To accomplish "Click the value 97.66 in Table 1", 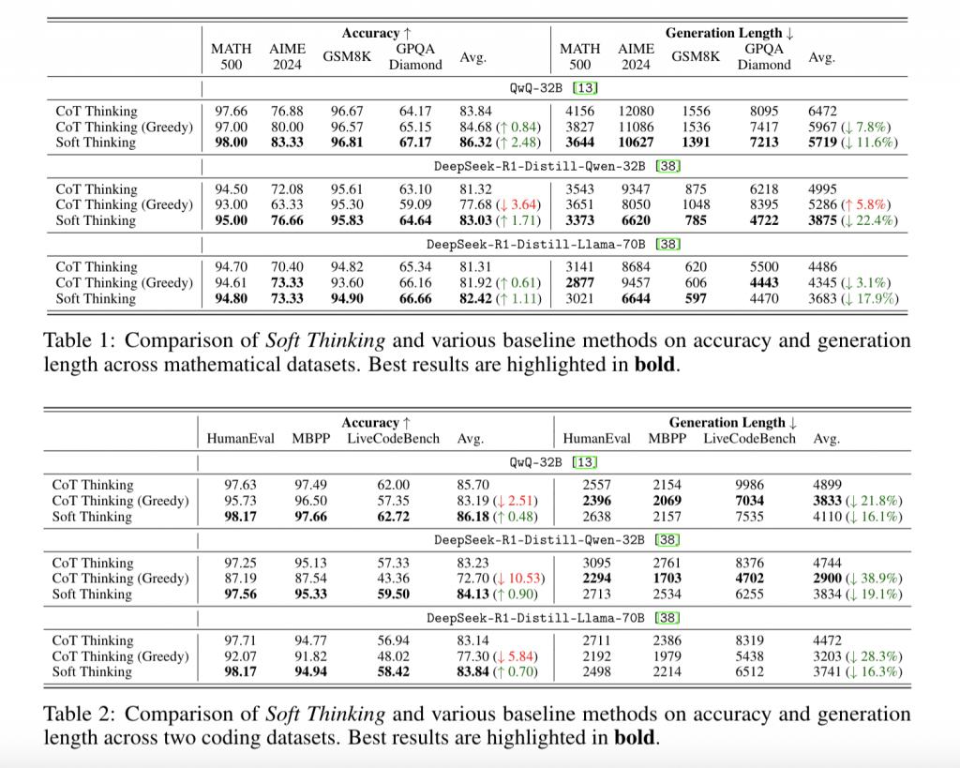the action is pyautogui.click(x=231, y=111).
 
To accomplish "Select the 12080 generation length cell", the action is pyautogui.click(x=636, y=111).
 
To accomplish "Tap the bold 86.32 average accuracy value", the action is pyautogui.click(x=475, y=143).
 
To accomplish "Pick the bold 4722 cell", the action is pyautogui.click(x=764, y=220).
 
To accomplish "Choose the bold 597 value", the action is pyautogui.click(x=696, y=298).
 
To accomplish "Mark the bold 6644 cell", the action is pyautogui.click(x=636, y=298).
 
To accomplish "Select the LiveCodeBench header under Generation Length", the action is pyautogui.click(x=749, y=439).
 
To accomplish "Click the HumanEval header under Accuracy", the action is pyautogui.click(x=241, y=439).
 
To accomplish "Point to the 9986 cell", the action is pyautogui.click(x=749, y=485).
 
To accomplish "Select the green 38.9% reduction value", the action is pyautogui.click(x=879, y=579).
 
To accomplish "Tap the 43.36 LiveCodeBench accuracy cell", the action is pyautogui.click(x=393, y=579).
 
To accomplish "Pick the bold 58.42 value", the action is pyautogui.click(x=393, y=671).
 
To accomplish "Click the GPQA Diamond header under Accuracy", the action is pyautogui.click(x=415, y=57).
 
